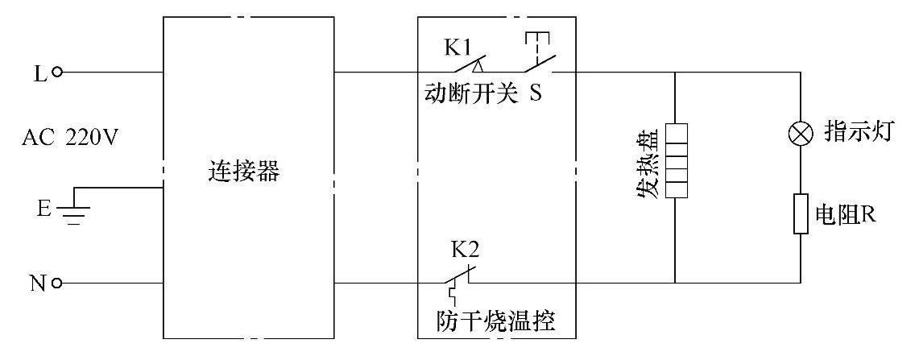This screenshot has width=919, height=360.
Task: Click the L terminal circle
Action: click(x=56, y=72)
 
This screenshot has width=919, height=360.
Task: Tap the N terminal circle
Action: click(x=56, y=283)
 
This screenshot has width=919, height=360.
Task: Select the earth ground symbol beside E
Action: click(x=74, y=211)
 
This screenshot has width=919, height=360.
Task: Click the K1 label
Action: click(x=459, y=47)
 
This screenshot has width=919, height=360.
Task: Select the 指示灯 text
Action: click(x=856, y=133)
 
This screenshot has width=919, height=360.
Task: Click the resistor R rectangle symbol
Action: click(x=801, y=213)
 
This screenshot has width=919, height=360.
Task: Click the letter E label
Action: click(x=43, y=210)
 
